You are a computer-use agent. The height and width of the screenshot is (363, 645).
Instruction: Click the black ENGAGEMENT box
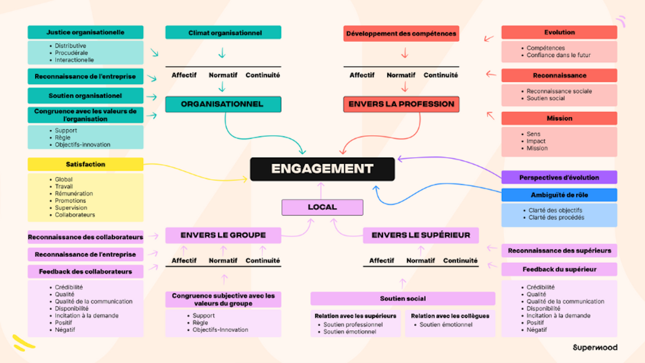[322, 169]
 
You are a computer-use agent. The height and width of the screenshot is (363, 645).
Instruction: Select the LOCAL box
[322, 207]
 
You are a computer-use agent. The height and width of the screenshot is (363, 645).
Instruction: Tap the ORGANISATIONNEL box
[223, 104]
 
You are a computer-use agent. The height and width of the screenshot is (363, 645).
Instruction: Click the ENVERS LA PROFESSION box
[401, 104]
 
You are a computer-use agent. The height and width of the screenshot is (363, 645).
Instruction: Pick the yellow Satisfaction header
[85, 164]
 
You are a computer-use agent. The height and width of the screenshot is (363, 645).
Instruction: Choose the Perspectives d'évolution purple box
[559, 177]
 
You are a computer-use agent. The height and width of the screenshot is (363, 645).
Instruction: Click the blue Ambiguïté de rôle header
[559, 195]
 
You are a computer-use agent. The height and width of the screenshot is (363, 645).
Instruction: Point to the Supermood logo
[595, 348]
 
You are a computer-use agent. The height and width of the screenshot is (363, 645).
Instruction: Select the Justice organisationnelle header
[85, 32]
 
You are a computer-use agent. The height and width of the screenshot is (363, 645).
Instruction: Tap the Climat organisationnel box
[223, 33]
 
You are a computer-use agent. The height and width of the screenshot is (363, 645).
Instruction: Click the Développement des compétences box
[401, 34]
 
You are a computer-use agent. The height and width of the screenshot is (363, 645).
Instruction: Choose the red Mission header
[559, 118]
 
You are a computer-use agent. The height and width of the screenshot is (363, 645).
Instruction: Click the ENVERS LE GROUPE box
[223, 235]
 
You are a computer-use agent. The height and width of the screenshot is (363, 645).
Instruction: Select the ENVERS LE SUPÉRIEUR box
[421, 235]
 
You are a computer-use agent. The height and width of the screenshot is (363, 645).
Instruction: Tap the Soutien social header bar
[402, 298]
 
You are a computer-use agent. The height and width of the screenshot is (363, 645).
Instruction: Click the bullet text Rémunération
[74, 194]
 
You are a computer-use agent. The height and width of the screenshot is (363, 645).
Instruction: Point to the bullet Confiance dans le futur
[558, 55]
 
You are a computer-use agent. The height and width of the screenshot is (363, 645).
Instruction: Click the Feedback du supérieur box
[559, 269]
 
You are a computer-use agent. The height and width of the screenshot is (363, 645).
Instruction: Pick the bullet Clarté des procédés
[556, 217]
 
